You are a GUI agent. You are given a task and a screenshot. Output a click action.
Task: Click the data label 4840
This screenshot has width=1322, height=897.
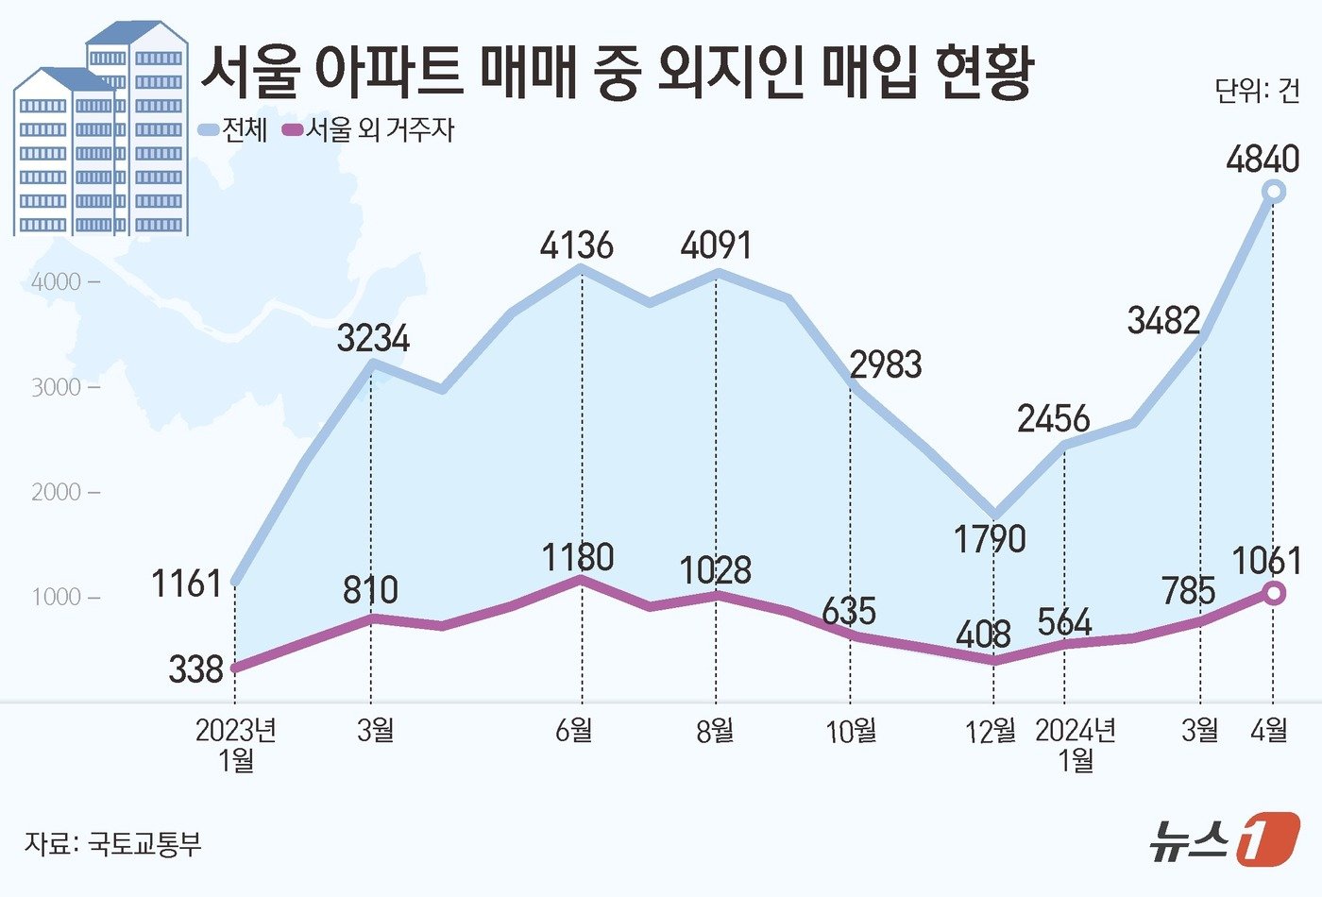[1263, 159]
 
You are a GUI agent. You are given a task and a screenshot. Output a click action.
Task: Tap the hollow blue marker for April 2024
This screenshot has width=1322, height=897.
[1273, 193]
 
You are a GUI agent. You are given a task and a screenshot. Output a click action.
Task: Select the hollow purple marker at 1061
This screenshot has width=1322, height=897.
[1273, 593]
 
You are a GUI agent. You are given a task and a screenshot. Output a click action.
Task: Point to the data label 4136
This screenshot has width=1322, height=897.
[577, 245]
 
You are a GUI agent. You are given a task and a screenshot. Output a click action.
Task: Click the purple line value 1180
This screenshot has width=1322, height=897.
[578, 556]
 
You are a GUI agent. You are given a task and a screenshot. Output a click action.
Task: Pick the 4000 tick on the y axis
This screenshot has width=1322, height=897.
[56, 281]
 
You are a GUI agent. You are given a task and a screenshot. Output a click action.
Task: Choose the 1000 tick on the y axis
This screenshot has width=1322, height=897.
[56, 597]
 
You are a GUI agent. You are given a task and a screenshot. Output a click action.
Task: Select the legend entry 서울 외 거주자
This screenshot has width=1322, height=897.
[369, 129]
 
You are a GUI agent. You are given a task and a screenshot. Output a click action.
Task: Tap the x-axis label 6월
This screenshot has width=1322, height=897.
[574, 730]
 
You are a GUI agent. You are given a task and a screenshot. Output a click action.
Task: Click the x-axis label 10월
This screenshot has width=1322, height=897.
[851, 730]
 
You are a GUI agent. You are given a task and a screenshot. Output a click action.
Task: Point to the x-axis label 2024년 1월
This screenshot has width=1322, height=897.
[1076, 744]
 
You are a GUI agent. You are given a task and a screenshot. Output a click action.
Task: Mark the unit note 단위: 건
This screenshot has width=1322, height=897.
[1257, 91]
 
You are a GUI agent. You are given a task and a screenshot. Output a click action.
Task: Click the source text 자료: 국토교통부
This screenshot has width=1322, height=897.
[113, 842]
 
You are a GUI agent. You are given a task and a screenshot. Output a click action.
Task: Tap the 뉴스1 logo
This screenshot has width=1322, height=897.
[1224, 838]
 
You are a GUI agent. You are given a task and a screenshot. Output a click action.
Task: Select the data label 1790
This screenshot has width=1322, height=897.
[990, 538]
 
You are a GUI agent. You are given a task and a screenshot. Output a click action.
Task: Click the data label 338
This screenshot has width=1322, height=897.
[196, 669]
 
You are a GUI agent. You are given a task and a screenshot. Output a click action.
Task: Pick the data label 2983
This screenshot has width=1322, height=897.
[886, 364]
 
